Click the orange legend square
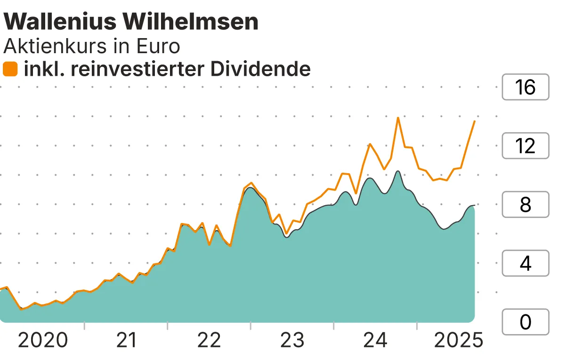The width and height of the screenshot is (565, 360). [x=10, y=69]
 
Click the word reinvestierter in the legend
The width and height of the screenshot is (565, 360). [x=152, y=69]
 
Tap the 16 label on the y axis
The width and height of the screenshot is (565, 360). [x=525, y=87]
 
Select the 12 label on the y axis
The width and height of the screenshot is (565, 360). [x=525, y=146]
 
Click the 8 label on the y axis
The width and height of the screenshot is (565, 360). [x=525, y=205]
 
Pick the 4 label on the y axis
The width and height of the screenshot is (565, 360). [x=525, y=264]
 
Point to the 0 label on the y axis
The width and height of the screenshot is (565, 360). [x=525, y=322]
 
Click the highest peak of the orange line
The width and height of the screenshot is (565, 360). [x=398, y=118]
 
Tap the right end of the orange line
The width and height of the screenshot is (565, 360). [x=474, y=121]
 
